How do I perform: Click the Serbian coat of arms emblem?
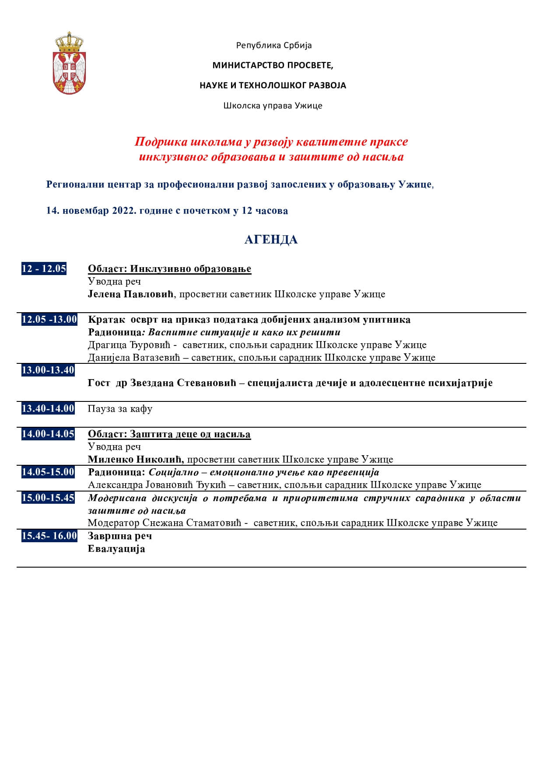(x=69, y=63)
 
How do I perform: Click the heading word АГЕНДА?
(x=271, y=240)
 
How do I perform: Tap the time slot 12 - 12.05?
(x=44, y=268)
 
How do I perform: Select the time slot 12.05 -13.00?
(x=49, y=319)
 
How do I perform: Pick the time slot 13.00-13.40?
(x=48, y=370)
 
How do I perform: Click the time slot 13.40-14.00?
(x=48, y=408)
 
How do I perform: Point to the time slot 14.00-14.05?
(x=48, y=434)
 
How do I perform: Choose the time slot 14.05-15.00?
(x=48, y=472)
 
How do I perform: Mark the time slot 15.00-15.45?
(x=48, y=498)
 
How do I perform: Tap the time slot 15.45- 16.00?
(x=49, y=536)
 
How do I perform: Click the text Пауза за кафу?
(x=120, y=409)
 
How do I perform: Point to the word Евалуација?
(x=116, y=549)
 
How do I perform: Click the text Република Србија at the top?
(x=274, y=45)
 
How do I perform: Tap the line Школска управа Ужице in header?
(x=273, y=105)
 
